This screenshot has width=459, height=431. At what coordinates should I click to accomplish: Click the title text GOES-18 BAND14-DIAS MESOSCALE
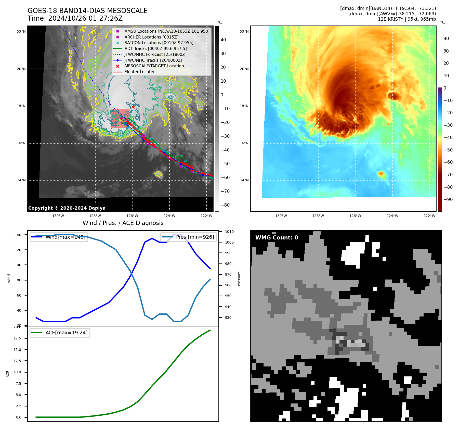(87, 11)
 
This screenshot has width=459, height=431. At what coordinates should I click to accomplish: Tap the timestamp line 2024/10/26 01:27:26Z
(85, 18)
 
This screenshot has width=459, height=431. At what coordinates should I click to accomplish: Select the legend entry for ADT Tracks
(155, 48)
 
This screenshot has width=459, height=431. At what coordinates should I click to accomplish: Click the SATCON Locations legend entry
(159, 43)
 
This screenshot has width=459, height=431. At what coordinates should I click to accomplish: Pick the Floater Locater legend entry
(139, 72)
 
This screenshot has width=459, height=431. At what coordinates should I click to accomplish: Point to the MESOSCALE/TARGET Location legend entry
(154, 66)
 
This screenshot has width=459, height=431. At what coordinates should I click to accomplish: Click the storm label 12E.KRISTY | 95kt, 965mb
(407, 19)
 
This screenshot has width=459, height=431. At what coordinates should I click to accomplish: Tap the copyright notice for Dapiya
(67, 208)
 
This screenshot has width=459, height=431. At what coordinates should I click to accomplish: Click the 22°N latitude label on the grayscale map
(21, 32)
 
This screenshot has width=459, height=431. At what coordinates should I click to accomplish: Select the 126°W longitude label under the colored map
(355, 216)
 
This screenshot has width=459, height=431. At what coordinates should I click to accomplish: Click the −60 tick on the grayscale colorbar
(225, 178)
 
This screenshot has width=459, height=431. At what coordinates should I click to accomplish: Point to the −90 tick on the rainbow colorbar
(448, 199)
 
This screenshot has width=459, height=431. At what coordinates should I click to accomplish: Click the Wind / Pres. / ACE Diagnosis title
(123, 223)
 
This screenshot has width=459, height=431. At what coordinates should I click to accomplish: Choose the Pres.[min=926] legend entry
(195, 237)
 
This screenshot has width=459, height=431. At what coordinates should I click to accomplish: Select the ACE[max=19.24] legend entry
(66, 333)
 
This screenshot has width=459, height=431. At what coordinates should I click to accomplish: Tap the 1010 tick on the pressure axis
(229, 232)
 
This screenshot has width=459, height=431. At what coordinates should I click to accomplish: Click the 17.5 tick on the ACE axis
(17, 338)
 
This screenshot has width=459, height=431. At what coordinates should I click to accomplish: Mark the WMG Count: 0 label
(277, 238)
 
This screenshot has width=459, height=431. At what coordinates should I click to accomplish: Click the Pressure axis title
(239, 278)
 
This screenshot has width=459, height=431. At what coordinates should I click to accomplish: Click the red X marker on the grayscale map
(133, 107)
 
